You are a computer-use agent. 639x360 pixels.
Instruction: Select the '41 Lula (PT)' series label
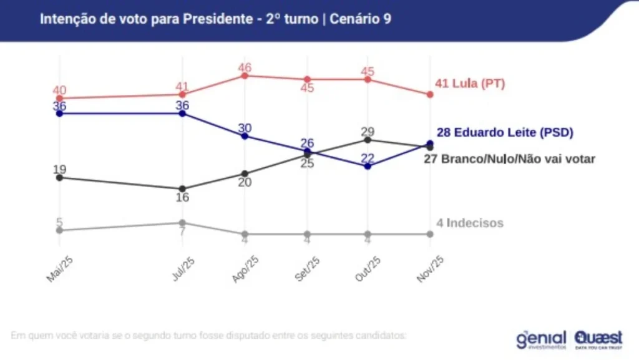(469, 84)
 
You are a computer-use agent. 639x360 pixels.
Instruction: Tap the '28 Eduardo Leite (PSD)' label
(504, 132)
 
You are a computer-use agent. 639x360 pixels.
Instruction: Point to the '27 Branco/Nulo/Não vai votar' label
(509, 158)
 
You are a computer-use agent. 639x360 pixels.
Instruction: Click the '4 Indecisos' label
(469, 223)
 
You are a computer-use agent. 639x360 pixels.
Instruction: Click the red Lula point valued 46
(245, 75)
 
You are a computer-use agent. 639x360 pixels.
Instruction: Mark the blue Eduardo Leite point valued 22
(368, 166)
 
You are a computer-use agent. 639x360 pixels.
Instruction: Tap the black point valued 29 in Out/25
(368, 139)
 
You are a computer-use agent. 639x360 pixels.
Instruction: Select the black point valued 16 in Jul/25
(182, 188)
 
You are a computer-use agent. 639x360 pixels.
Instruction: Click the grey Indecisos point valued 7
(182, 223)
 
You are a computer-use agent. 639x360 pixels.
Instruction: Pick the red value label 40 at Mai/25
(59, 90)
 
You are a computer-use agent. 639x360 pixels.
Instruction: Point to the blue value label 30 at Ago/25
(245, 128)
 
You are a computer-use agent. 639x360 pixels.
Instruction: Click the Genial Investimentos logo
(541, 339)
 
